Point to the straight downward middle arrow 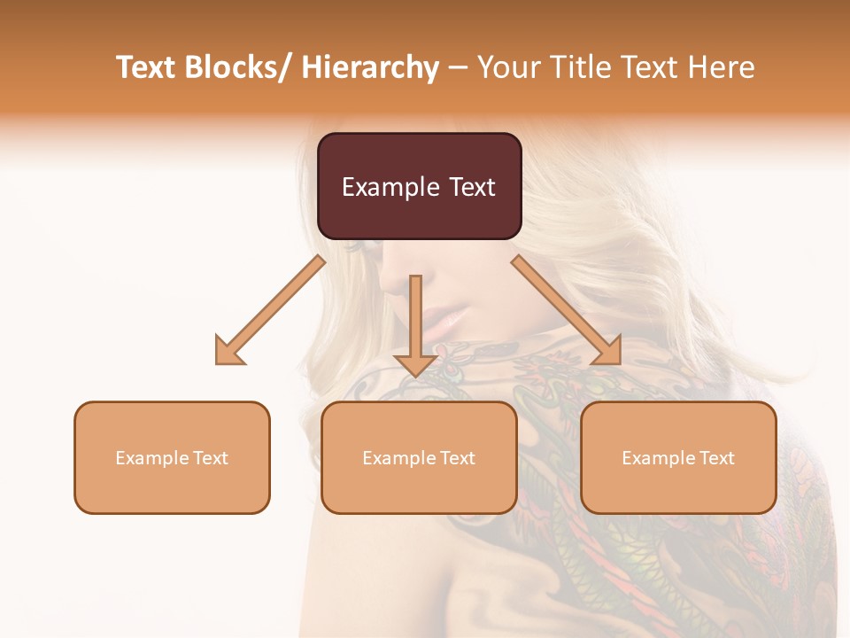pyautogui.click(x=415, y=319)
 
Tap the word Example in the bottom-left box pyautogui.click(x=151, y=457)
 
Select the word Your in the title pyautogui.click(x=506, y=67)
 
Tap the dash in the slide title pyautogui.click(x=458, y=67)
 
